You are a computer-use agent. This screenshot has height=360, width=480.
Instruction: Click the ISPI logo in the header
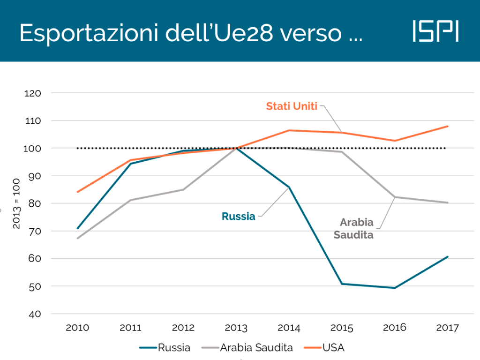coord(435,31)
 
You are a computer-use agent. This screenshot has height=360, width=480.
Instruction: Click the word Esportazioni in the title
coord(87,33)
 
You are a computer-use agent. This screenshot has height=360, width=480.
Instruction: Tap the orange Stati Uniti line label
coord(292,106)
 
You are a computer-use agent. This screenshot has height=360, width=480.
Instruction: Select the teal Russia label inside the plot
coord(239,216)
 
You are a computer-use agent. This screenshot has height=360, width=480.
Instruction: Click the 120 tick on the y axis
coord(33,93)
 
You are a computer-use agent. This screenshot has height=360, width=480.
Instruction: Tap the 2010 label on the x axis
coord(77,328)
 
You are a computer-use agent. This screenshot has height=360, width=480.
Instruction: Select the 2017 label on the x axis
coord(448,328)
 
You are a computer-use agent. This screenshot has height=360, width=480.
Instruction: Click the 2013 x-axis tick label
coord(236,328)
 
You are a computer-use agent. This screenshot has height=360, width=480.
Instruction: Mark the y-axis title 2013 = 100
coord(16,203)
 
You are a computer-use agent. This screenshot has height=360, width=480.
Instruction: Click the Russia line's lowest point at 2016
coord(395,288)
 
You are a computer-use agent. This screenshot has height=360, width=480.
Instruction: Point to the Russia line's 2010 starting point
coord(77,228)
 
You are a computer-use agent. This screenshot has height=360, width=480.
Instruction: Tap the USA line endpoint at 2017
coord(448,126)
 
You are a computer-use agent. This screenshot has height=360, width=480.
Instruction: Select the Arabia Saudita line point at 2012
coord(183,189)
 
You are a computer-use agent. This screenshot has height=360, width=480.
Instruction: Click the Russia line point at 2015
coord(342,284)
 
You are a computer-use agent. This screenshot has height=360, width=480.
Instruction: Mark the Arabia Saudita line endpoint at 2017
coord(448,202)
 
